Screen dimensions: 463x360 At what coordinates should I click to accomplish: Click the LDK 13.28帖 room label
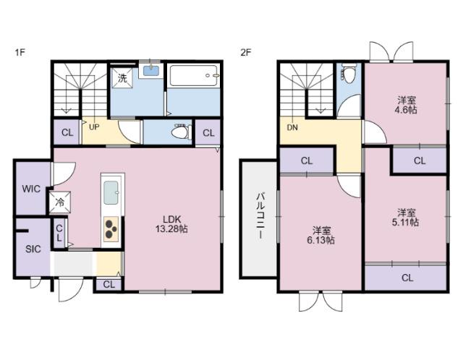pyautogui.click(x=171, y=224)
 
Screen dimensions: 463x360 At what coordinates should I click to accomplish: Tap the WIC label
pyautogui.click(x=31, y=189)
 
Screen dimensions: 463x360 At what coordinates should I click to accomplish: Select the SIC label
pyautogui.click(x=33, y=249)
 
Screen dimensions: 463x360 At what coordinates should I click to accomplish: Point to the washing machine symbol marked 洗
pyautogui.click(x=122, y=78)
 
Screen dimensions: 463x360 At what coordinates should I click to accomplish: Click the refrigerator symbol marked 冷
pyautogui.click(x=60, y=202)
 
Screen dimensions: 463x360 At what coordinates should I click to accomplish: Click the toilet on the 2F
pyautogui.click(x=349, y=73)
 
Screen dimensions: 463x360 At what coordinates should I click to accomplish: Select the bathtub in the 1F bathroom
pyautogui.click(x=194, y=75)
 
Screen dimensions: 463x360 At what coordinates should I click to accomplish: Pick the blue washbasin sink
pyautogui.click(x=151, y=71)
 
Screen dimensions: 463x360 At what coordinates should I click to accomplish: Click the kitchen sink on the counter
pyautogui.click(x=111, y=193)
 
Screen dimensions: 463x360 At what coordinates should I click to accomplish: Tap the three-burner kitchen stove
pyautogui.click(x=111, y=229)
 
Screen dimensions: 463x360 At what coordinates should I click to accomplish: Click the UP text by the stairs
pyautogui.click(x=94, y=127)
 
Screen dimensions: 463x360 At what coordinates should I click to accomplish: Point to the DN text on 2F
pyautogui.click(x=292, y=127)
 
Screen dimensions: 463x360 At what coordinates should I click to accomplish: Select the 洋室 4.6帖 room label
pyautogui.click(x=406, y=105)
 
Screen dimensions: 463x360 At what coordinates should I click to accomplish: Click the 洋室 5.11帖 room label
pyautogui.click(x=405, y=217)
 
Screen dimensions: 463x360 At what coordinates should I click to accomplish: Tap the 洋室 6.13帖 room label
pyautogui.click(x=321, y=235)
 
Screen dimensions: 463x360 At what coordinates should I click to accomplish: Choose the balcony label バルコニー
pyautogui.click(x=260, y=215)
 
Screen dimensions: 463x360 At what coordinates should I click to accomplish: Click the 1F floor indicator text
pyautogui.click(x=20, y=53)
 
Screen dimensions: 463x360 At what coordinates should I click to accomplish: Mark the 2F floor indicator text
pyautogui.click(x=246, y=53)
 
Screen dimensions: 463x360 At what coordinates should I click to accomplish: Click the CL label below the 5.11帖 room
pyautogui.click(x=407, y=278)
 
